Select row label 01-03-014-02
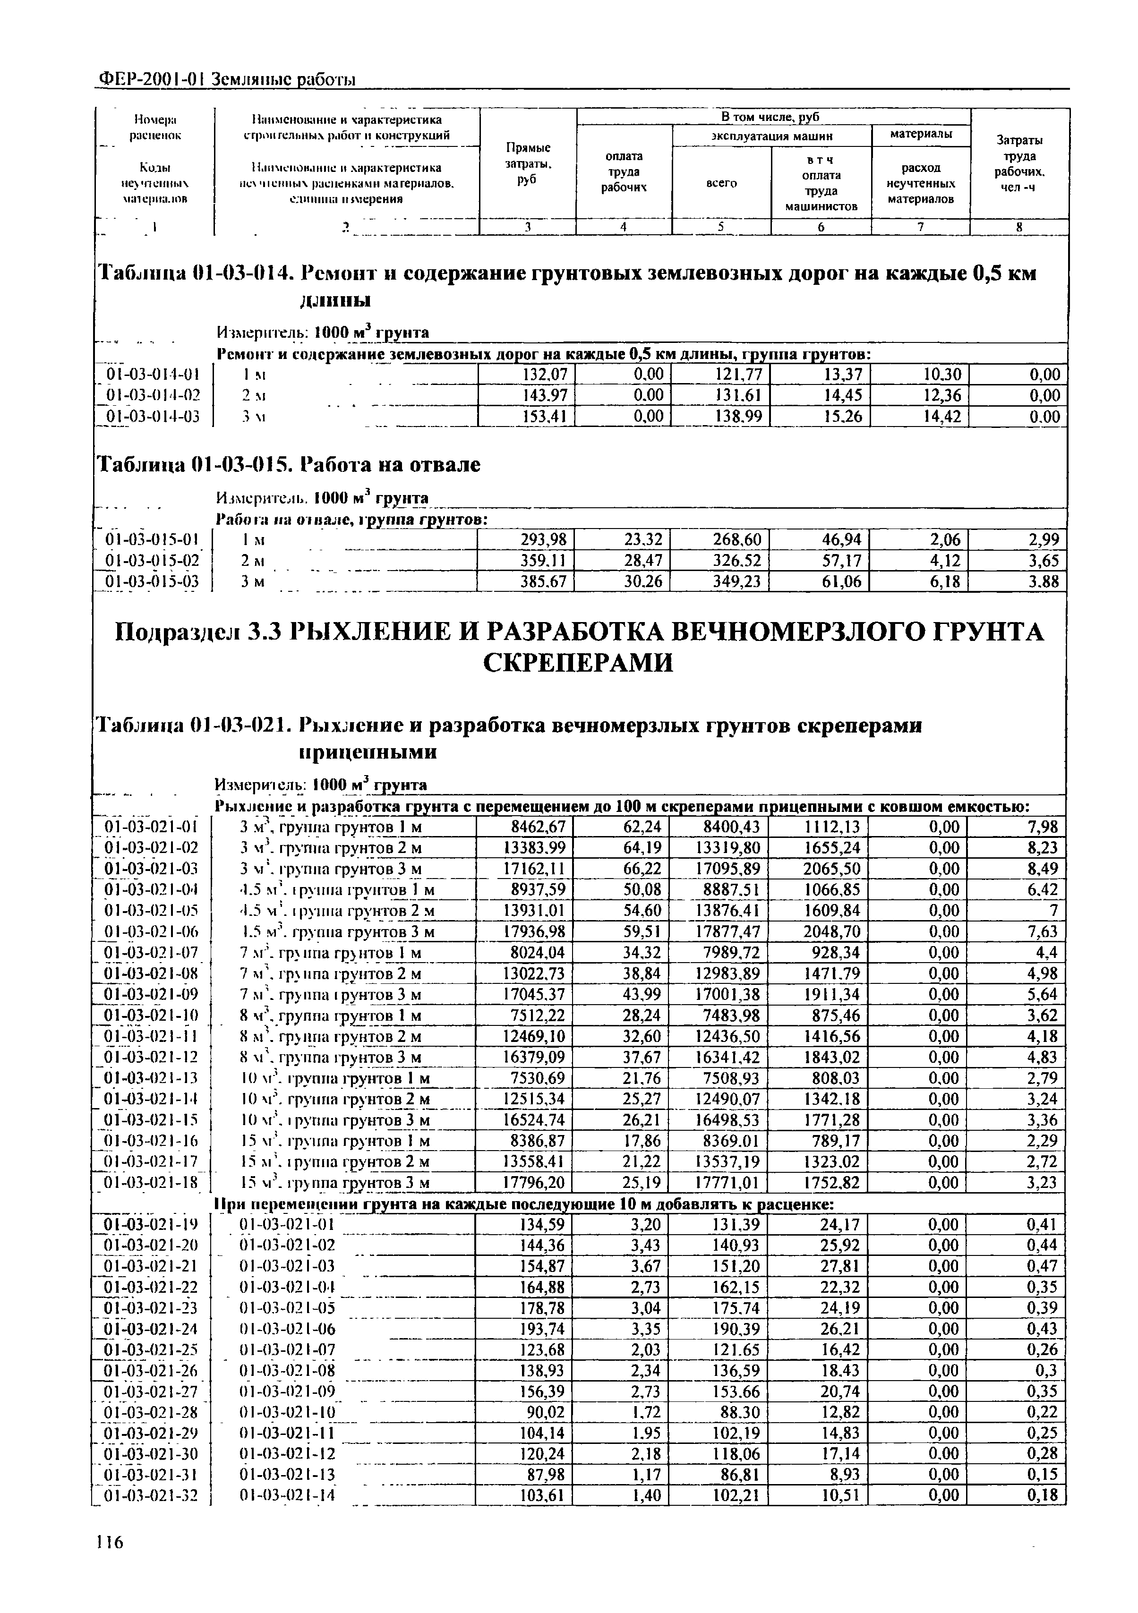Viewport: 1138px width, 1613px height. tap(153, 395)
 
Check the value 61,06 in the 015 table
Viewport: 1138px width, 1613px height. tap(841, 582)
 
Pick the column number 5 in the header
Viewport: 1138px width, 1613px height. tap(721, 226)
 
